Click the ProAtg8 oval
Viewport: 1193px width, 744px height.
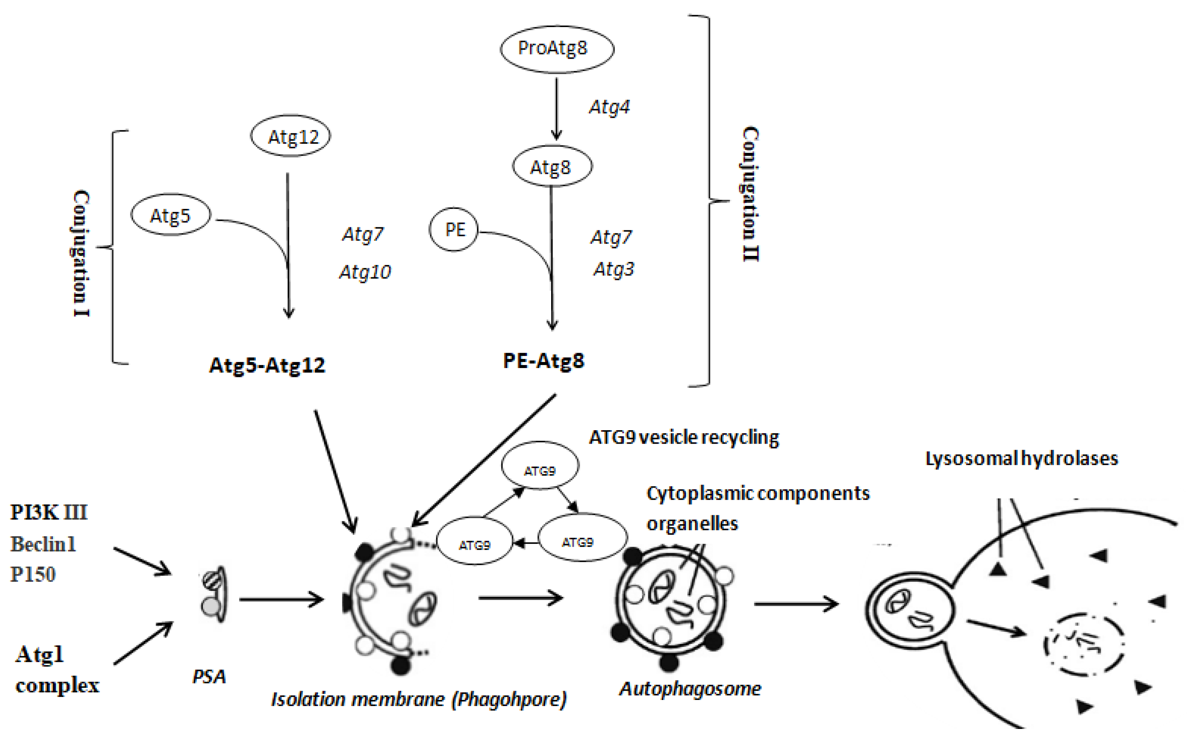tap(556, 49)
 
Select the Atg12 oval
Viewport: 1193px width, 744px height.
tap(290, 136)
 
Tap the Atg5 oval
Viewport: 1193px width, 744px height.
tap(170, 215)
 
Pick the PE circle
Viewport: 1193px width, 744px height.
tap(454, 229)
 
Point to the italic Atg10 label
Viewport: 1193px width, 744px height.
tap(365, 272)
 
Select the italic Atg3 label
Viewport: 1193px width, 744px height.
tap(614, 269)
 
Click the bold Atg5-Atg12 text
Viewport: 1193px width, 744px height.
tap(267, 365)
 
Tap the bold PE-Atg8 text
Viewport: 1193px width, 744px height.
tap(544, 361)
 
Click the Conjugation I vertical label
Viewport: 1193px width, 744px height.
tap(81, 253)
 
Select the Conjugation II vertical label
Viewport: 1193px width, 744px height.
tap(750, 194)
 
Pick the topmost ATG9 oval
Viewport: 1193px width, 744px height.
tap(540, 466)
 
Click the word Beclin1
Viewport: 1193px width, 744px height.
tap(43, 544)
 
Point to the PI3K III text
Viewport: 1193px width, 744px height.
tap(49, 512)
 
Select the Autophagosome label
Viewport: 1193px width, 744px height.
tap(690, 688)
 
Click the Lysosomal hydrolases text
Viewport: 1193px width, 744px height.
tap(1021, 458)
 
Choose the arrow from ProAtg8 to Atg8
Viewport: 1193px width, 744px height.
tap(556, 108)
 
